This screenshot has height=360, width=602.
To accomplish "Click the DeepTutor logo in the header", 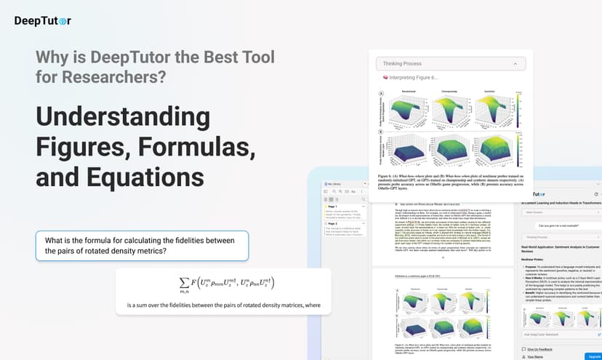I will click(x=43, y=20).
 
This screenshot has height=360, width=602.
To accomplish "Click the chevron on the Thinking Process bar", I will click(x=515, y=64).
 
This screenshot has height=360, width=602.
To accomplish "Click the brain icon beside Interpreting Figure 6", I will click(x=385, y=77).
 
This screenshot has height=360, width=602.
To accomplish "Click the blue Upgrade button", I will click(x=592, y=357).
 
